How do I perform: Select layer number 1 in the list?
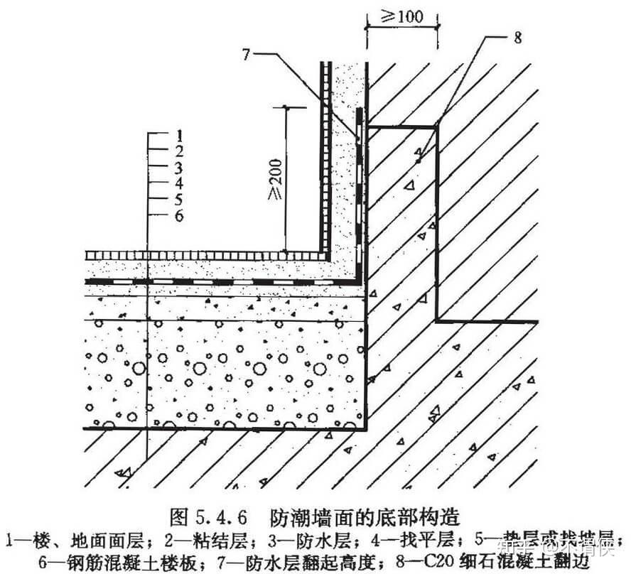pos(180,134)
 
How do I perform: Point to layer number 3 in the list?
pos(180,167)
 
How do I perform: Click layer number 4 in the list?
pos(180,183)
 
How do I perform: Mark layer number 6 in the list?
pos(180,215)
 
